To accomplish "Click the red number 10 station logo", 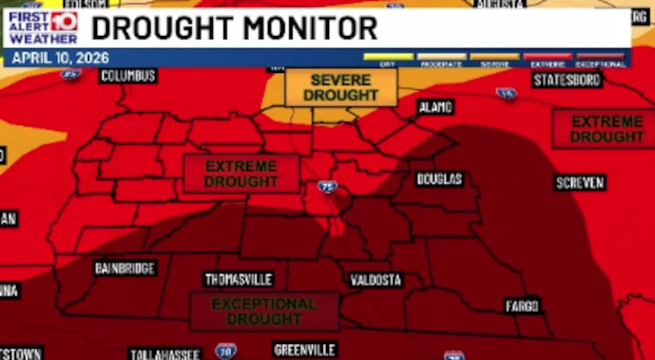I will (63, 21).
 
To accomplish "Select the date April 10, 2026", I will (60, 58).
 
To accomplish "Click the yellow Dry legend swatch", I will (388, 57).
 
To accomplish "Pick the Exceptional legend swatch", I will (600, 57).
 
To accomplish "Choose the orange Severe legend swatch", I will (495, 57).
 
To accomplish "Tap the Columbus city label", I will (128, 75).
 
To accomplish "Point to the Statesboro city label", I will (567, 80).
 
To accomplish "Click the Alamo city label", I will (436, 107).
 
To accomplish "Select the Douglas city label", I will (439, 179).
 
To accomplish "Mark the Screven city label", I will (579, 182).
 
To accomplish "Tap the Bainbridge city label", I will (125, 268).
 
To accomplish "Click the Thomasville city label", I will (239, 279).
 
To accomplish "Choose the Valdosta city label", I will (376, 280).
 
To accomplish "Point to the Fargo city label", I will (522, 306).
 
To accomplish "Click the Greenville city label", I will (305, 349).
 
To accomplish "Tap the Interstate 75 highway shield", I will (327, 187).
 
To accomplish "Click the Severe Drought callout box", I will (341, 87).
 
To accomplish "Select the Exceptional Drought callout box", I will (265, 311).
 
